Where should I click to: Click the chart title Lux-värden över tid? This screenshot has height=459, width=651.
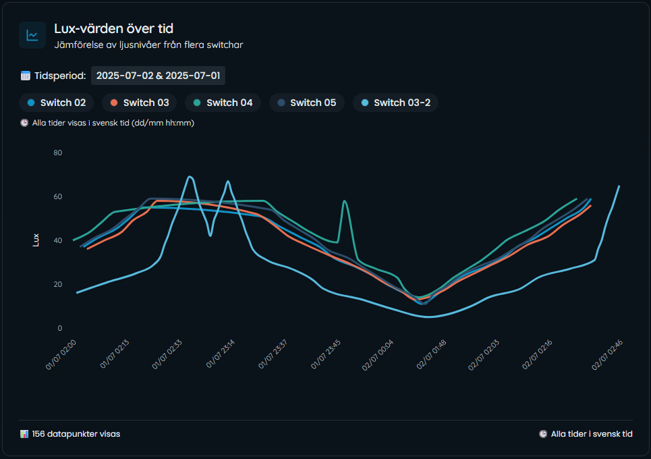coord(114,28)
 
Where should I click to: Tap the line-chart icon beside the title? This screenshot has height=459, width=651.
coord(32,35)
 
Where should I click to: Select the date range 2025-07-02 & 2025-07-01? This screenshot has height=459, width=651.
coord(158,76)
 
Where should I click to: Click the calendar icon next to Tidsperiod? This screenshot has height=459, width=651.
coord(26,76)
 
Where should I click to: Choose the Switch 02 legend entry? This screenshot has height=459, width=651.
coord(57,103)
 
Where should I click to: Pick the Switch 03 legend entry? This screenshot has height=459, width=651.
coord(140,103)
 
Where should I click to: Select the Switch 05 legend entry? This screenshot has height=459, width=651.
coord(307,103)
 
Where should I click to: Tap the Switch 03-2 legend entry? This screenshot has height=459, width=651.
coord(396,103)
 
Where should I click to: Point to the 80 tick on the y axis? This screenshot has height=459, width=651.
coord(57,153)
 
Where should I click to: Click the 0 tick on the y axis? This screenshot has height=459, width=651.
coord(59,329)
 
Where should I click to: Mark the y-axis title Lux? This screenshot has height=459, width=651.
coord(36,240)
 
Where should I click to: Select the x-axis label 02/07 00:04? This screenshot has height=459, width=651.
coord(378,355)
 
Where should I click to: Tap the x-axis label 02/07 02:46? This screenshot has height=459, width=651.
coord(608,355)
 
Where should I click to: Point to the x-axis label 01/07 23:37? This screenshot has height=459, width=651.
coord(273,355)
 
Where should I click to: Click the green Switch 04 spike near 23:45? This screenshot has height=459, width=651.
coord(345,201)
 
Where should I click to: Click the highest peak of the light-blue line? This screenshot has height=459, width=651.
coord(190,177)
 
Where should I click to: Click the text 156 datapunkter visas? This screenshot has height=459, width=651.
coord(76,434)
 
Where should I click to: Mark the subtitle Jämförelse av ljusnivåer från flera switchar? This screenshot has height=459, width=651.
coord(148,45)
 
